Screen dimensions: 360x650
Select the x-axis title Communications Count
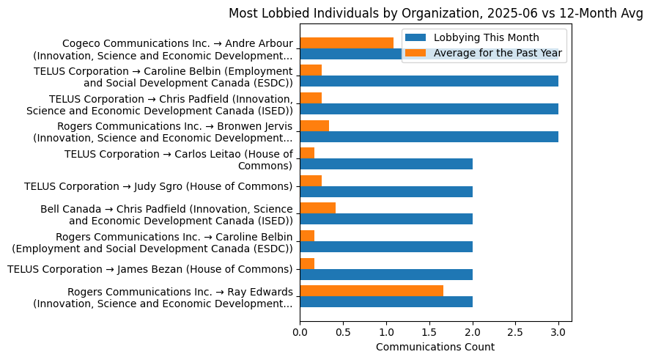pos(435,347)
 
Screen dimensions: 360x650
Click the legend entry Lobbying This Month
pos(486,37)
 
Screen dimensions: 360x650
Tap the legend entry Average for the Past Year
pos(497,52)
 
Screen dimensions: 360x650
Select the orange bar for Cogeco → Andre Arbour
pos(347,43)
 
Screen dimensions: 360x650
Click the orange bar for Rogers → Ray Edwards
pos(372,291)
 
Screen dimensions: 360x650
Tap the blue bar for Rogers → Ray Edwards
pos(386,302)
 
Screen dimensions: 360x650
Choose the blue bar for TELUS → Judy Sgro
pos(386,191)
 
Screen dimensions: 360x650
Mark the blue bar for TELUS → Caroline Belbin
pos(429,81)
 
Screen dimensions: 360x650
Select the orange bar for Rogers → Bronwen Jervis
pos(314,125)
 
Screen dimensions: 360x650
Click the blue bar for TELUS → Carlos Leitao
pos(386,164)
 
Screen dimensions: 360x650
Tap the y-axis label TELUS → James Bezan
pos(149,269)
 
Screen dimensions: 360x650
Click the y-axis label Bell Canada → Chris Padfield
pos(166,215)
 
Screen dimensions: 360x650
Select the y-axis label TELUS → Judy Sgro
pos(158,186)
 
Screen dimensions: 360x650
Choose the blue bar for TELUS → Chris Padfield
pos(429,109)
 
